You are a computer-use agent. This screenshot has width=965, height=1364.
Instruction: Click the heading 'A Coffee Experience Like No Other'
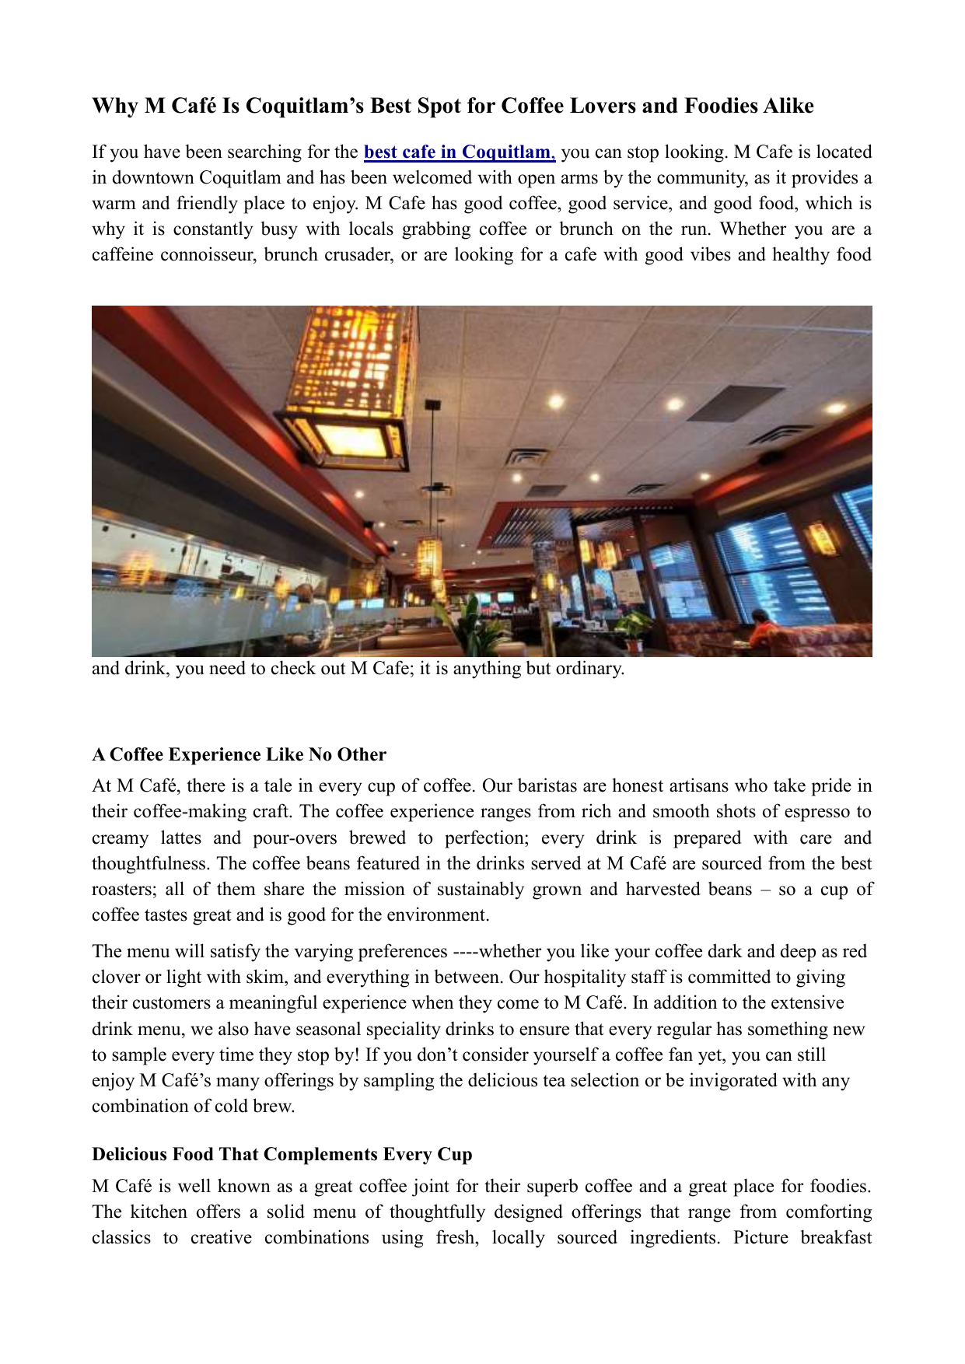pyautogui.click(x=239, y=754)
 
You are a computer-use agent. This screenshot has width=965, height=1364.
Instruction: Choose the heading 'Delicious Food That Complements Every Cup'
pyautogui.click(x=281, y=1154)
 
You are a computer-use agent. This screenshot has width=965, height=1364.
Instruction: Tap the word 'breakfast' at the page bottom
pyautogui.click(x=836, y=1237)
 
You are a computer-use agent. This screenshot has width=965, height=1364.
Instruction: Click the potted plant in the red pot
pyautogui.click(x=634, y=630)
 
